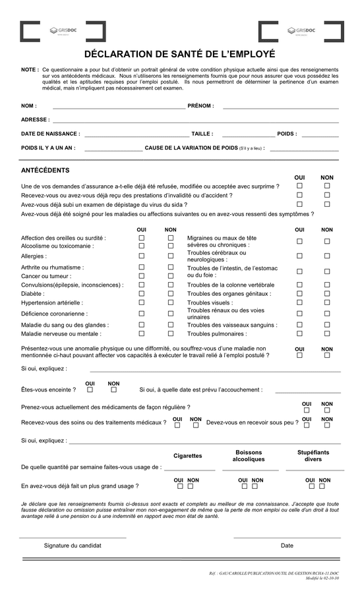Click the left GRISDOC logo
point(63,31)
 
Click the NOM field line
point(118,106)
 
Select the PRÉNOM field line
point(280,106)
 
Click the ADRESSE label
point(35,120)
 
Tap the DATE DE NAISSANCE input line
point(136,134)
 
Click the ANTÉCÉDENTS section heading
point(45,171)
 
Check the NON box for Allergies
point(170,256)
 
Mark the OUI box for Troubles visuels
point(299,302)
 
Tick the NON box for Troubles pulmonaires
point(327,334)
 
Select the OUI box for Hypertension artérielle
point(141,304)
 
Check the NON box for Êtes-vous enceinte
point(113,392)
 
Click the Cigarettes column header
point(187,456)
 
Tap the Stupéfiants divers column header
point(313,456)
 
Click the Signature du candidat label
point(73,546)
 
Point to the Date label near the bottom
point(287,546)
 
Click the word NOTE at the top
point(29,69)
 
